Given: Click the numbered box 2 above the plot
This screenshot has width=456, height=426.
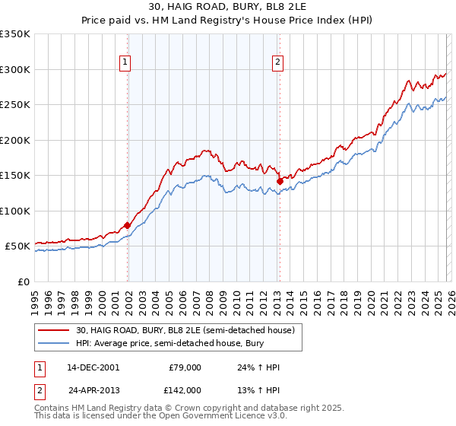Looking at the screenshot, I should (278, 63).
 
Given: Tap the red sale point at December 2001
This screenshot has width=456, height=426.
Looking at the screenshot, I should (127, 224).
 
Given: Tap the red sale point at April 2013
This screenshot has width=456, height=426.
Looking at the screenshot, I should (280, 181).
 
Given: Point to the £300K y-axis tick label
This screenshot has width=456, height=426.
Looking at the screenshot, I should (15, 69).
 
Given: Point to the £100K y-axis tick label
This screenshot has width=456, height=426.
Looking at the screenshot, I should (15, 211).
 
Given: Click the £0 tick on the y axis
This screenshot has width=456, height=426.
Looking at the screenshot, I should (23, 281).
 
